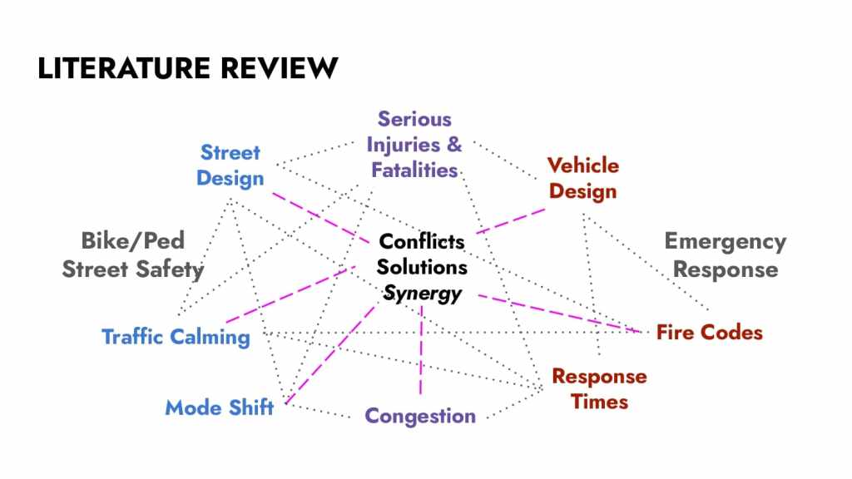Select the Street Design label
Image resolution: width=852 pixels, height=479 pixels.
pyautogui.click(x=230, y=165)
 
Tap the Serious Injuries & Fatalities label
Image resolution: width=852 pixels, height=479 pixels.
pyautogui.click(x=414, y=145)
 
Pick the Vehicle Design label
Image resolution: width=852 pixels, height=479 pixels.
pyautogui.click(x=582, y=178)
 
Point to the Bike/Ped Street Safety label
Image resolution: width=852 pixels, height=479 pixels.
pyautogui.click(x=132, y=254)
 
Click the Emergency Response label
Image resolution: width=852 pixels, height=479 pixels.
pyautogui.click(x=725, y=255)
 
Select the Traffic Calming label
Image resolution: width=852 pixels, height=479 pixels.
pyautogui.click(x=176, y=337)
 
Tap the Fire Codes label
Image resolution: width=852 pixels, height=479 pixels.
pyautogui.click(x=709, y=333)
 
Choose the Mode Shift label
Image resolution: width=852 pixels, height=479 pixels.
pyautogui.click(x=219, y=407)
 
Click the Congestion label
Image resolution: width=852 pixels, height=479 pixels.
pyautogui.click(x=420, y=415)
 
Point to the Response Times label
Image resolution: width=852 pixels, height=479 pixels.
pyautogui.click(x=599, y=388)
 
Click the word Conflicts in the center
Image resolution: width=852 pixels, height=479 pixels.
pyautogui.click(x=422, y=242)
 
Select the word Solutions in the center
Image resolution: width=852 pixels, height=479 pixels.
pyautogui.click(x=422, y=268)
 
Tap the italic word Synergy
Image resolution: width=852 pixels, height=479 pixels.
pyautogui.click(x=422, y=294)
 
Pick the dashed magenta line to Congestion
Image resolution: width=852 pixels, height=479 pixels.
pyautogui.click(x=421, y=349)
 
